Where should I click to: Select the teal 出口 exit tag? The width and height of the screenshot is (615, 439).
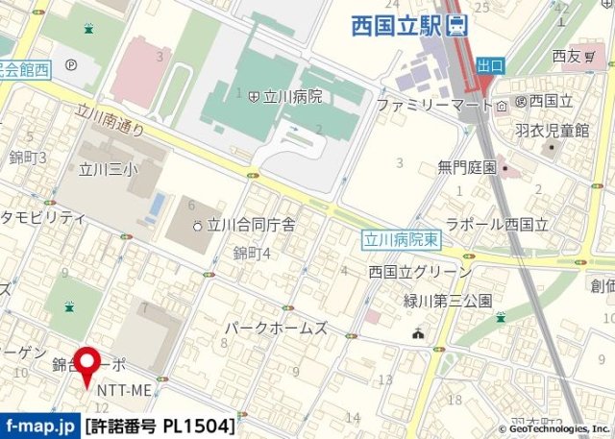point(490,63)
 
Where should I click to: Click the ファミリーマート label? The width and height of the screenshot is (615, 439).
point(428,104)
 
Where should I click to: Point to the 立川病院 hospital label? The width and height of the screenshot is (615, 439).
point(286,96)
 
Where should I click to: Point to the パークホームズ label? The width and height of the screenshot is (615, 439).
point(276,328)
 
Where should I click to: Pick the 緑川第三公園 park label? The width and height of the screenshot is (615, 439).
point(449,300)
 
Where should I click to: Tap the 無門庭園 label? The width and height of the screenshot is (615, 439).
point(467,167)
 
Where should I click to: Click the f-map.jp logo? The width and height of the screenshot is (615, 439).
point(39,424)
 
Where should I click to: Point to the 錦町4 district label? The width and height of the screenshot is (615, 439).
point(252,253)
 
